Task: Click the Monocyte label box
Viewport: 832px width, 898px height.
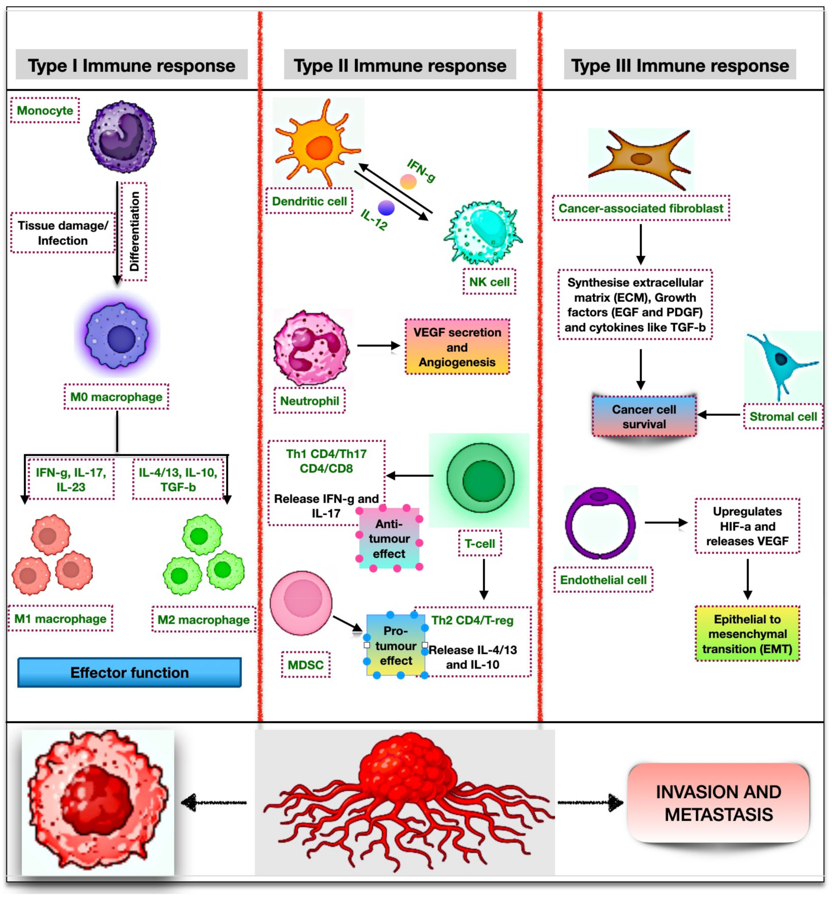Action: [x=45, y=110]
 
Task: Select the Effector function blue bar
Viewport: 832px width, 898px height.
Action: [x=130, y=672]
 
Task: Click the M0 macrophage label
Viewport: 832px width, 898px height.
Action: [x=116, y=397]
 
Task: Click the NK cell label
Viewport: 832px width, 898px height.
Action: [x=489, y=282]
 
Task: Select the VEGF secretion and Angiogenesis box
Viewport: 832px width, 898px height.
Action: [x=457, y=347]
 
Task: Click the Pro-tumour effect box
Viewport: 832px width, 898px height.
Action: [x=396, y=645]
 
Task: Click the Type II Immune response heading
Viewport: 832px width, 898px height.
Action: [x=400, y=65]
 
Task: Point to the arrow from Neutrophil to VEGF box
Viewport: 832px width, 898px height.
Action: [x=378, y=345]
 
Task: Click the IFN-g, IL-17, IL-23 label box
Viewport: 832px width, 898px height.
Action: [x=71, y=479]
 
